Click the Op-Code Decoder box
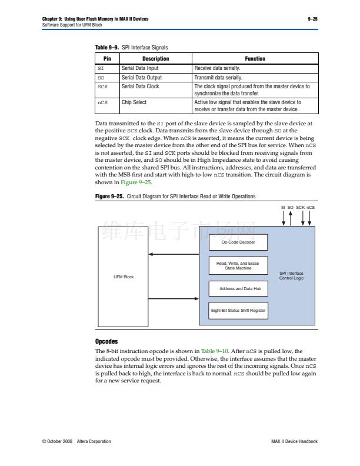point(238,242)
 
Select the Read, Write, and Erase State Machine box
point(238,265)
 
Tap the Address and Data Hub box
point(238,289)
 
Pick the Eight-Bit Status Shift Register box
point(238,310)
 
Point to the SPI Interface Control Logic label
point(291,275)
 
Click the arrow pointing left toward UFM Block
point(174,254)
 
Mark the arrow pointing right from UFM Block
point(174,299)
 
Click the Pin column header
point(107,59)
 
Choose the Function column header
point(255,59)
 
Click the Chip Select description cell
point(134,102)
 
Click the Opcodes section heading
point(106,341)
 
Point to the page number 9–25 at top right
point(312,19)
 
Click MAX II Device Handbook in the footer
point(294,441)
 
